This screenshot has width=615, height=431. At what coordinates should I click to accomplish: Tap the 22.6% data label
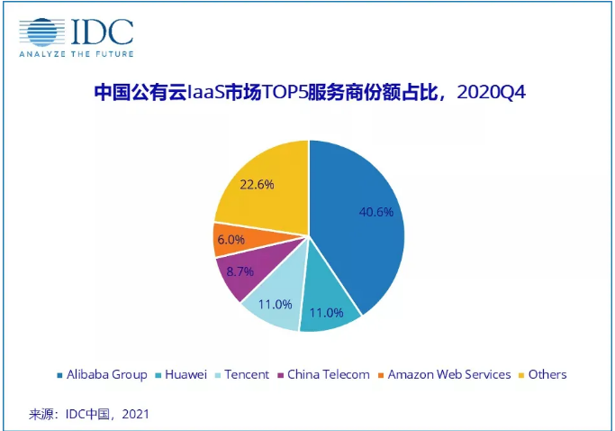coord(258,183)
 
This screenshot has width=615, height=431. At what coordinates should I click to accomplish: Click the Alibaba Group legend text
coord(107,374)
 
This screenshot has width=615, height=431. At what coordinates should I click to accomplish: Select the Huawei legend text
coord(186,374)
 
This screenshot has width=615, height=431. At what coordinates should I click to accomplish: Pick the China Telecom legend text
coord(329,374)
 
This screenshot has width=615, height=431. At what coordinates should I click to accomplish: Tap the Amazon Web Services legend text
coord(449,374)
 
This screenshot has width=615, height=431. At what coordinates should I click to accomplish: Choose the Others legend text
coord(548,374)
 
